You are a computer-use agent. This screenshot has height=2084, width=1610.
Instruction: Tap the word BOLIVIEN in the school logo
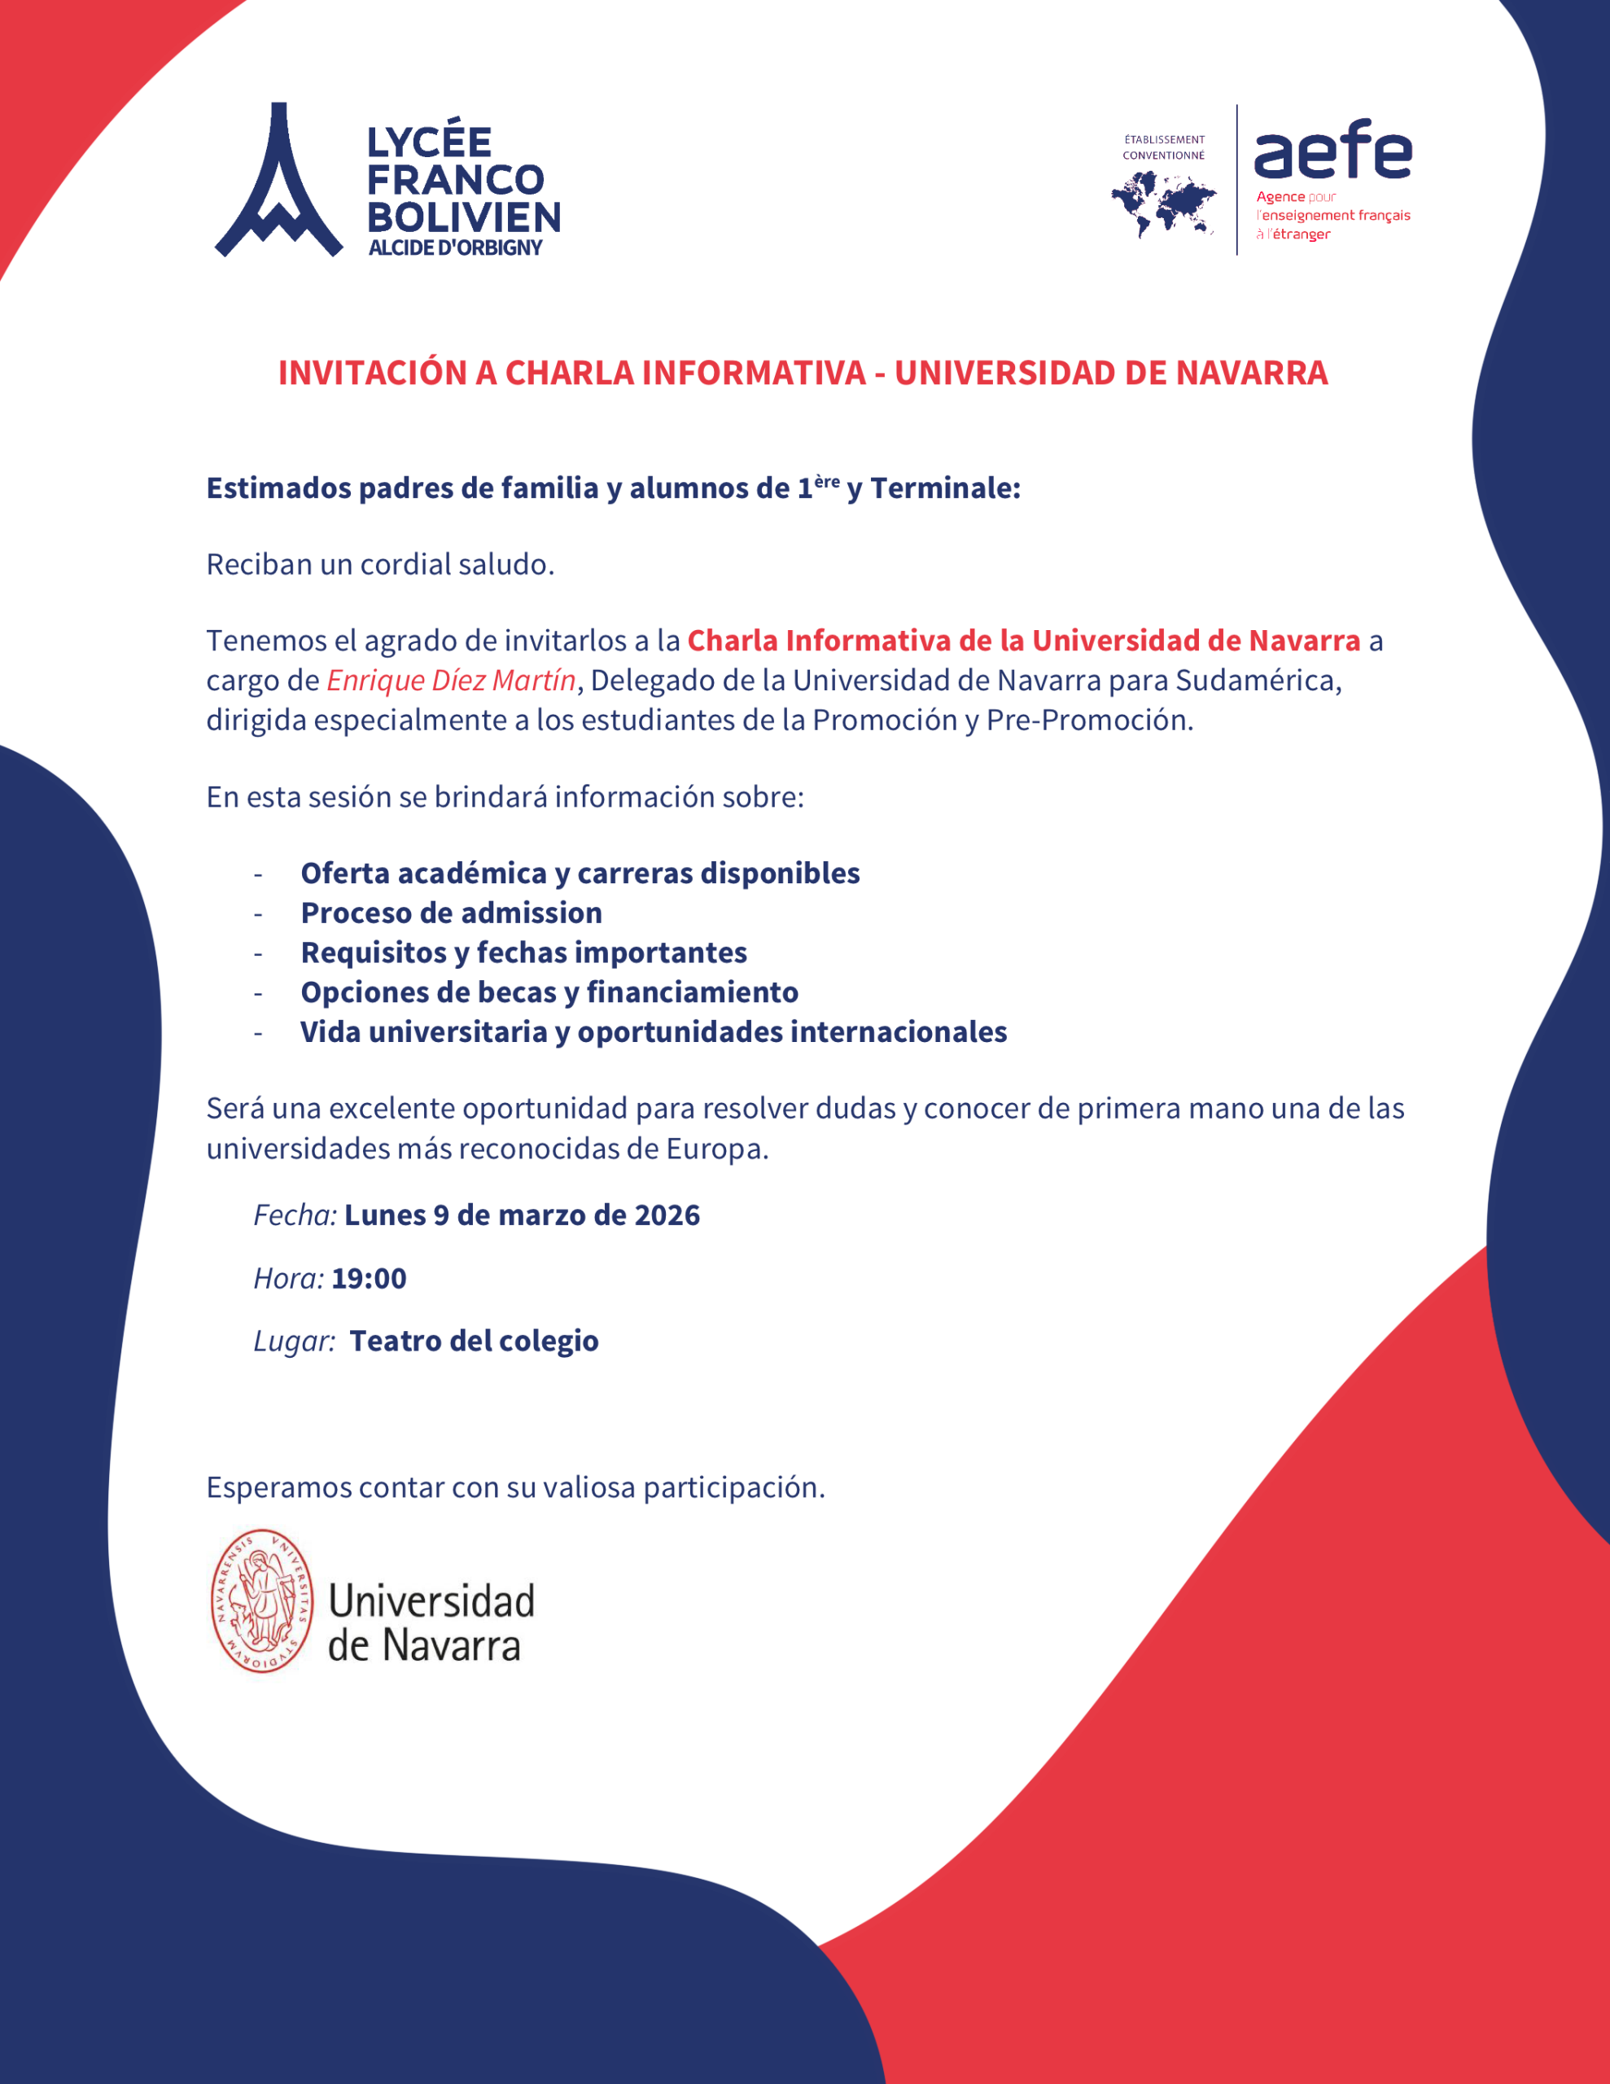pyautogui.click(x=464, y=217)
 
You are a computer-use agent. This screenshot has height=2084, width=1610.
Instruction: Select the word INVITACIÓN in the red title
pyautogui.click(x=371, y=373)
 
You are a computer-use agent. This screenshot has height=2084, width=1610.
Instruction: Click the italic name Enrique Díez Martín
pyautogui.click(x=450, y=681)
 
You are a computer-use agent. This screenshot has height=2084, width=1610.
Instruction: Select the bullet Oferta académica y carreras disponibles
pyautogui.click(x=580, y=873)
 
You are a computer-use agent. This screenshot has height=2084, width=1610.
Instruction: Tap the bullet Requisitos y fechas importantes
pyautogui.click(x=523, y=952)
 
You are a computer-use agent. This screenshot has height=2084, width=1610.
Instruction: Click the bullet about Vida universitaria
pyautogui.click(x=653, y=1032)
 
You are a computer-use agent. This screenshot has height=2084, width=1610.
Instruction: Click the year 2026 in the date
pyautogui.click(x=667, y=1215)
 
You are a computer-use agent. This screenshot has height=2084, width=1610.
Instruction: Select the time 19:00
pyautogui.click(x=369, y=1279)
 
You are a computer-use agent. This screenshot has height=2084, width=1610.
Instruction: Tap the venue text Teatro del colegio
pyautogui.click(x=474, y=1342)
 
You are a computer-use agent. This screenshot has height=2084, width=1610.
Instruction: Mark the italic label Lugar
pyautogui.click(x=293, y=1342)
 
